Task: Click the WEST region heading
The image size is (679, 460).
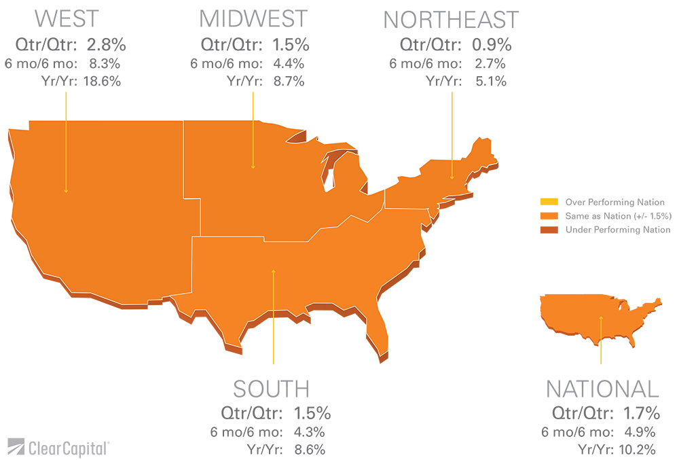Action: coord(67,19)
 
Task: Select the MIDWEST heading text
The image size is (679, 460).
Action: coord(253,19)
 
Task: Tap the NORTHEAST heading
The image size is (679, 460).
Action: coord(451,20)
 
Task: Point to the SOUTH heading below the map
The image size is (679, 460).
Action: coord(271,389)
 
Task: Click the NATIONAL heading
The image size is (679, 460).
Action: coord(602,389)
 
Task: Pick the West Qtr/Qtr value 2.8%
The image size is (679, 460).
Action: coord(107,45)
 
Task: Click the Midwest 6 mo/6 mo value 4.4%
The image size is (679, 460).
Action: coord(288,64)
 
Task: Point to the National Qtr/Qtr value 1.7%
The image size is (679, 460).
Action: coord(642,412)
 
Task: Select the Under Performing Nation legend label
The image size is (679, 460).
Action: coord(618,230)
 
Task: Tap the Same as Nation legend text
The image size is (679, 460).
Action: coord(618,216)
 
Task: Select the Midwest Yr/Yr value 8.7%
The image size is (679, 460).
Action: coord(288,82)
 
